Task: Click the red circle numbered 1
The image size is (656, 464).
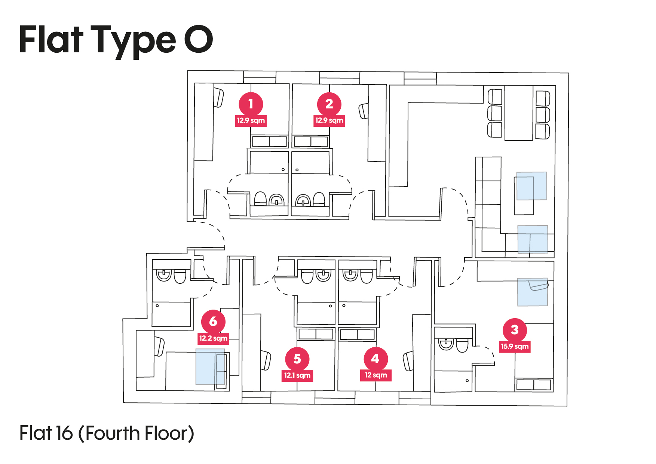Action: [x=251, y=104]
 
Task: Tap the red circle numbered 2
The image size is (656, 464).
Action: [x=329, y=104]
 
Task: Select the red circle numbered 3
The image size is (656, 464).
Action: [x=515, y=330]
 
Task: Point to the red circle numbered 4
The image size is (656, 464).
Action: [x=375, y=359]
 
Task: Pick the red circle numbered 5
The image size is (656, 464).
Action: [x=297, y=359]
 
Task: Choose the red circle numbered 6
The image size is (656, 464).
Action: [x=213, y=321]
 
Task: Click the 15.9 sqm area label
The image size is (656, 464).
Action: [x=515, y=346]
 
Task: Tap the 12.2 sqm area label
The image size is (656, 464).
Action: [x=213, y=338]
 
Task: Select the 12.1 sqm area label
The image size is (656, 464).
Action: [x=297, y=375]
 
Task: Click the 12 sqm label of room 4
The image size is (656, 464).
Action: [x=375, y=375]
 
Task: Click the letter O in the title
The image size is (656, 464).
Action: [x=198, y=39]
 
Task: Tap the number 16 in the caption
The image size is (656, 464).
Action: [x=64, y=433]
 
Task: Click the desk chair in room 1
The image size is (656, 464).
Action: [x=218, y=97]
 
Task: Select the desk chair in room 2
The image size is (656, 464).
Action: [x=364, y=111]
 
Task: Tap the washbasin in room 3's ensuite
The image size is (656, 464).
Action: [x=446, y=344]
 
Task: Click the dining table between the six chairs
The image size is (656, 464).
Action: [x=518, y=113]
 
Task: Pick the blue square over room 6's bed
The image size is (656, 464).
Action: [x=210, y=367]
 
